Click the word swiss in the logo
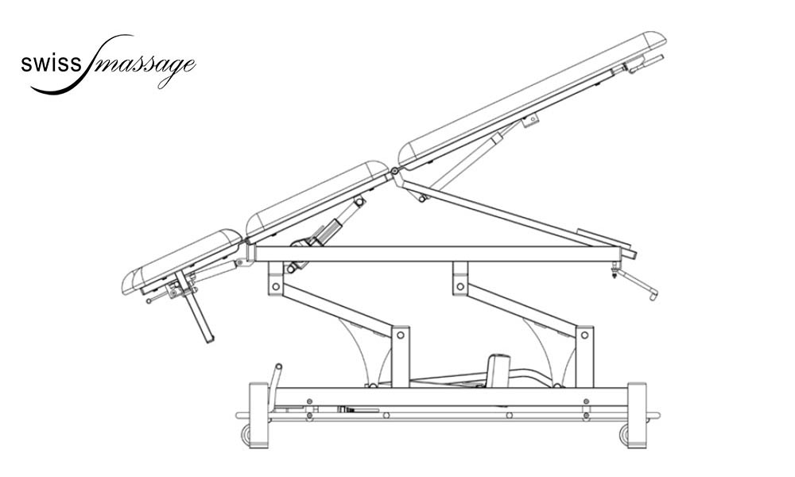click(x=50, y=64)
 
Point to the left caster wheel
click(x=246, y=434)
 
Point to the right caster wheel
click(x=623, y=434)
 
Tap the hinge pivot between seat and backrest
click(x=394, y=172)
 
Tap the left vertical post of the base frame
click(x=258, y=416)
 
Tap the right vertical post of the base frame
click(x=637, y=416)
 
